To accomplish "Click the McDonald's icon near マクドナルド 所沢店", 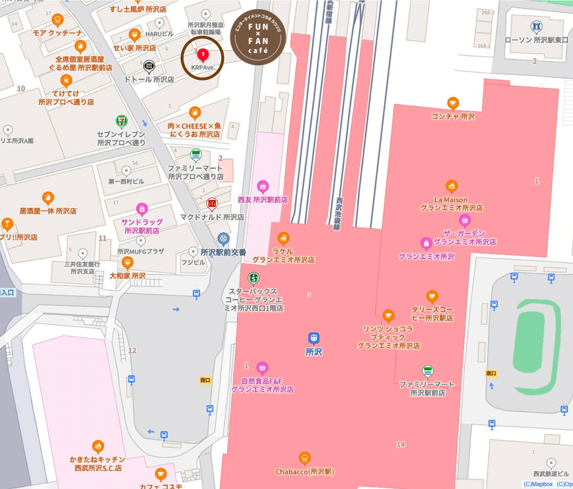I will pos(212,204).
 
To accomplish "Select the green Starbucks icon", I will pos(252,278).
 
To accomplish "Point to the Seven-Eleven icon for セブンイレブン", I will pos(121,122).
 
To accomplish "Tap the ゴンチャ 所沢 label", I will pos(452,116).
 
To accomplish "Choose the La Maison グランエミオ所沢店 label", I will pos(451,204).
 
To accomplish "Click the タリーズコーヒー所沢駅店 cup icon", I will pos(432,297).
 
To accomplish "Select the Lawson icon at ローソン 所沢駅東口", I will pos(537,27).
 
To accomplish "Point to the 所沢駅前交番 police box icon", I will pos(224,238).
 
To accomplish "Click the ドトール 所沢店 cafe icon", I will pos(149,66).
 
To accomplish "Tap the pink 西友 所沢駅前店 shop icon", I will pos(263,185).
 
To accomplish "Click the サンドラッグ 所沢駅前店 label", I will pos(141,226).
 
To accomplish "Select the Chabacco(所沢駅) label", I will pos(305,471).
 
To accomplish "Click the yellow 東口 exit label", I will pos(491,373).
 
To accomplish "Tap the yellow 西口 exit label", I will pos(205,380).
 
